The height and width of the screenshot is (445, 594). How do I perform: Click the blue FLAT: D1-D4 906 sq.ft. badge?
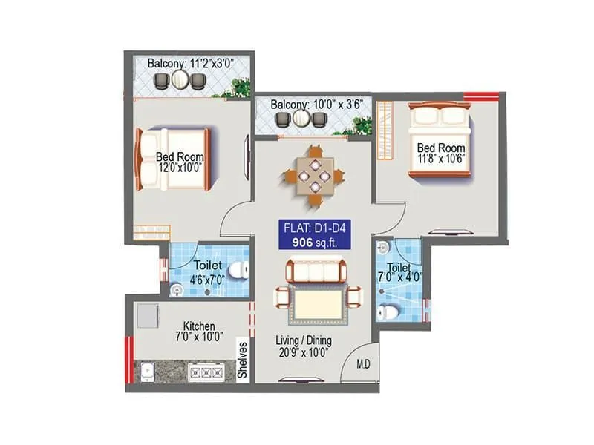click(x=316, y=234)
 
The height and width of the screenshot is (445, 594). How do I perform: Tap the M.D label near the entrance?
click(x=363, y=364)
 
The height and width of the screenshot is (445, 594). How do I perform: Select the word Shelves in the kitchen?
click(x=242, y=360)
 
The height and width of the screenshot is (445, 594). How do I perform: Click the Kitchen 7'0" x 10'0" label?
click(x=200, y=332)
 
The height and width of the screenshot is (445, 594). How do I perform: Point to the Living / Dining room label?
click(x=304, y=346)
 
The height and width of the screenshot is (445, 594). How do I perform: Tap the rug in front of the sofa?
click(x=316, y=304)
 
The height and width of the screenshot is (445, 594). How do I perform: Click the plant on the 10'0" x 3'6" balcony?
click(x=361, y=126)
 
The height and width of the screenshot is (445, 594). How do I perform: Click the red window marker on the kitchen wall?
click(x=129, y=360)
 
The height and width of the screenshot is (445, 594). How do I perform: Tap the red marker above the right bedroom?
click(x=481, y=95)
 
